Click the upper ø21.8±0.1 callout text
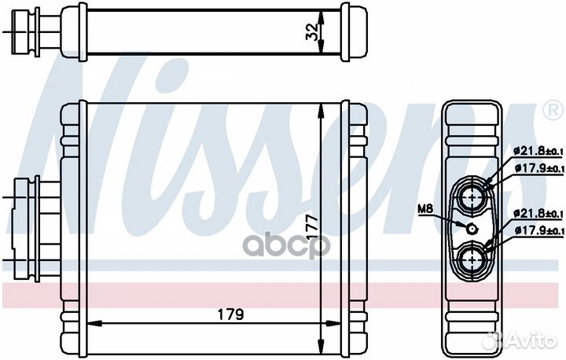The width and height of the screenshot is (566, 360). (x=538, y=151)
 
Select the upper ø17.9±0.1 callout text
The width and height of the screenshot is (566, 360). (x=538, y=168)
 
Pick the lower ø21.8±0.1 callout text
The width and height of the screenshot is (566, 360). (x=538, y=214)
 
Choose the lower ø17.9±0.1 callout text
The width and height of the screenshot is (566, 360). (x=538, y=230)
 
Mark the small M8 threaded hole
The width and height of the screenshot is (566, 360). (x=471, y=229)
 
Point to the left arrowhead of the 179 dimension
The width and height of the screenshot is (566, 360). (x=89, y=323)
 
